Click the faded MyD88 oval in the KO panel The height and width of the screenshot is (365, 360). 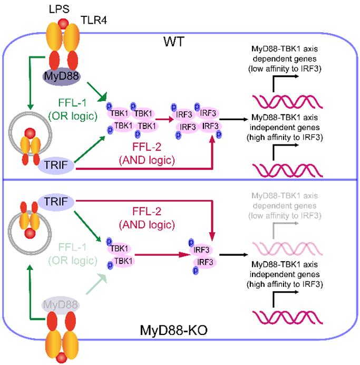click(x=56, y=306)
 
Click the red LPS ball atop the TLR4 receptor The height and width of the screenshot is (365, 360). click(x=63, y=25)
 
